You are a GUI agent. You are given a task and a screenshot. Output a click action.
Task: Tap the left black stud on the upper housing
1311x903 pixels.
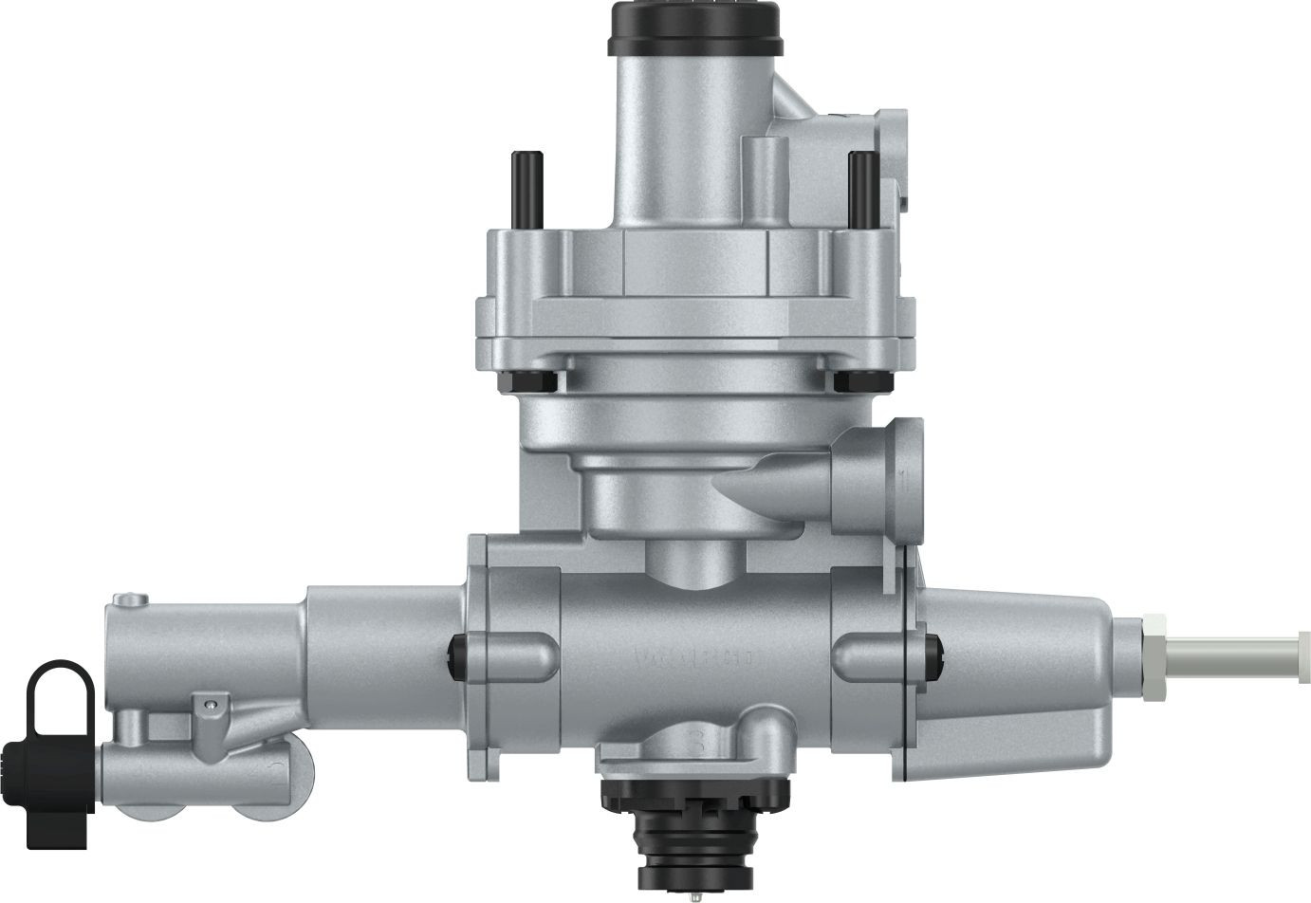click(x=522, y=190)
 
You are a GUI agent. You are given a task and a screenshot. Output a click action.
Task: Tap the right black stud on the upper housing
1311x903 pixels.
click(x=860, y=190)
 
